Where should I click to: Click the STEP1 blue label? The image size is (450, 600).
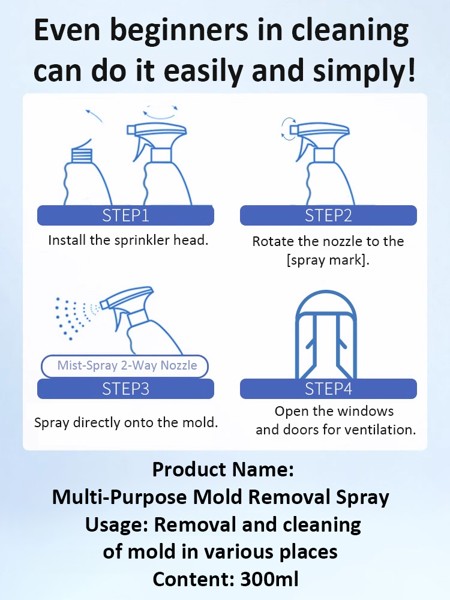125,215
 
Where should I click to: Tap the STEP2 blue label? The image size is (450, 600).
328,215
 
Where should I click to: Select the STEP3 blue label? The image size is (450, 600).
125,389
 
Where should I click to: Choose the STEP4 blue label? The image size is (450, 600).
328,389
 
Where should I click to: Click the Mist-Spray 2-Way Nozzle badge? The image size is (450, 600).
127,365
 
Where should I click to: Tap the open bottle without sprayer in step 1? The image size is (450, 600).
87,174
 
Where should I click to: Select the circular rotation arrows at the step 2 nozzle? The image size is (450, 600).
289,129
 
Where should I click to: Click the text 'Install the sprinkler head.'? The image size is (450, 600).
128,241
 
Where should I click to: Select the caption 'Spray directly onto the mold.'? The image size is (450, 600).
126,422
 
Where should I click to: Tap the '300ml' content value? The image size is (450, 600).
269,580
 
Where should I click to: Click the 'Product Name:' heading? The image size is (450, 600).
223,470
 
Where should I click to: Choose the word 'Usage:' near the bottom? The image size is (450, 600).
117,524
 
